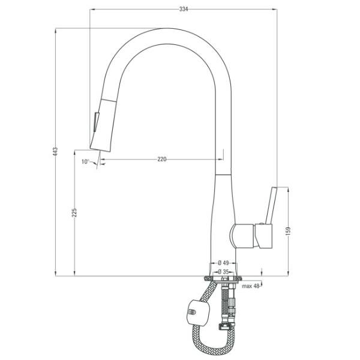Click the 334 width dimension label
184,9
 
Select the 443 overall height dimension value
55,152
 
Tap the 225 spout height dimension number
74,213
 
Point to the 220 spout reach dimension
162,159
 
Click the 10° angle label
85,161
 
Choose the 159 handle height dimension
289,232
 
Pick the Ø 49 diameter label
223,263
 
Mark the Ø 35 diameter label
223,272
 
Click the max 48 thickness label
250,286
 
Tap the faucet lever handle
272,205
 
